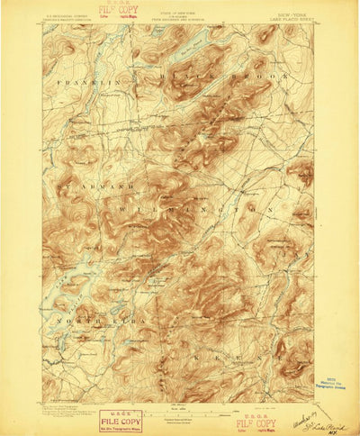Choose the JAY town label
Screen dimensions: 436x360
(290, 254)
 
